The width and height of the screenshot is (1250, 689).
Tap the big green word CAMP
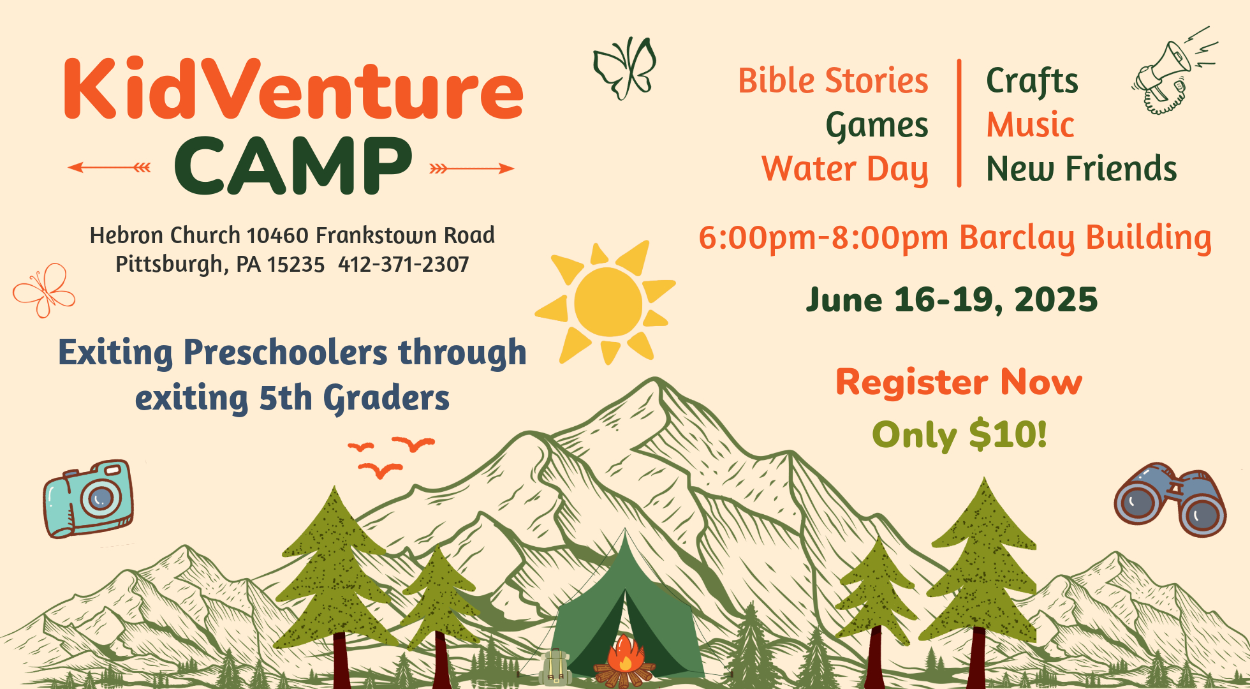tap(293, 165)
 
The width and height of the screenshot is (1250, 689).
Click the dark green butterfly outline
tap(625, 68)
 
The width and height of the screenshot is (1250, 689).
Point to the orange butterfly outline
tap(43, 290)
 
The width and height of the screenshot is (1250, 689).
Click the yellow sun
tap(606, 302)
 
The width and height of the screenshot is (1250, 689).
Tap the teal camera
tap(89, 498)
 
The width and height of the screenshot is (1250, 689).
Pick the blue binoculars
tap(1170, 500)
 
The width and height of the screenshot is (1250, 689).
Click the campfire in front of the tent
tap(624, 662)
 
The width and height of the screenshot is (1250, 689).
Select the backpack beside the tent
tap(555, 667)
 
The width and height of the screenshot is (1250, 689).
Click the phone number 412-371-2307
tap(404, 264)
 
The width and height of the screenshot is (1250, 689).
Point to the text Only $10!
tap(960, 435)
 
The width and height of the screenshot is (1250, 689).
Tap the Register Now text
tap(959, 382)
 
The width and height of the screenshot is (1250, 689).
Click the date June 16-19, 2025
tap(952, 300)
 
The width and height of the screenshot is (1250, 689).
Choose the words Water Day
tap(845, 169)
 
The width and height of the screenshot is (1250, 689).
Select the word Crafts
tap(1033, 81)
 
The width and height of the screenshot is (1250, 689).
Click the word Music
tap(1031, 124)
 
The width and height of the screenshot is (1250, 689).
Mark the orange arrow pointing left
tap(109, 168)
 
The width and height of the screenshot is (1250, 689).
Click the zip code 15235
tap(296, 264)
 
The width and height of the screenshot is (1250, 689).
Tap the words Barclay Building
tap(1085, 238)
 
